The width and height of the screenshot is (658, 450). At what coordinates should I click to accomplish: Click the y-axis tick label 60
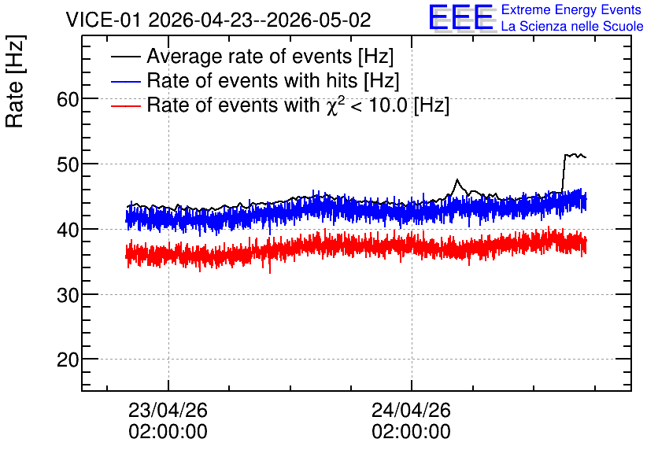68,100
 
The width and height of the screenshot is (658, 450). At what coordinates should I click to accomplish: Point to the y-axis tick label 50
68,165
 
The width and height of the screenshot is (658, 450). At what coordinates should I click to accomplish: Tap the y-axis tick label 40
68,230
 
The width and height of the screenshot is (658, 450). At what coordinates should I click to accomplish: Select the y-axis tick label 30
68,295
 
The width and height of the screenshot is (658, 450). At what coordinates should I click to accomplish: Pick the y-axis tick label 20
68,360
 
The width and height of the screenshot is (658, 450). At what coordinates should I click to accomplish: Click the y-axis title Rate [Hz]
15,81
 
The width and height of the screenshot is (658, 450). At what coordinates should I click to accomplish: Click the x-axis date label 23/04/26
168,410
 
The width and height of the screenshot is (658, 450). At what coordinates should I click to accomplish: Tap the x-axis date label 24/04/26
411,410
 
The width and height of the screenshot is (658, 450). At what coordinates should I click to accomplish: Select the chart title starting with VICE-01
218,20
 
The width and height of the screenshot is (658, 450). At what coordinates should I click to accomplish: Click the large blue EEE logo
461,17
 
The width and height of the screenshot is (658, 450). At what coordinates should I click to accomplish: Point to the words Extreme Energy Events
571,9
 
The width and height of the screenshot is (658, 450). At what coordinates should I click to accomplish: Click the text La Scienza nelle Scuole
572,26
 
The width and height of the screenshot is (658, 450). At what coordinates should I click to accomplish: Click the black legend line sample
126,57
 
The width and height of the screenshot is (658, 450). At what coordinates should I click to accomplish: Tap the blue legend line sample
126,81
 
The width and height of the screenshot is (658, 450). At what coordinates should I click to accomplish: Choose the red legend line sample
126,105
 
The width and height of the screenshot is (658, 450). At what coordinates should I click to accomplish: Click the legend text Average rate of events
250,57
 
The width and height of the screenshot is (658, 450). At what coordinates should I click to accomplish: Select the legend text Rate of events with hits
252,80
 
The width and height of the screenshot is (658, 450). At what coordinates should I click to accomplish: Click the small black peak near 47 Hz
457,180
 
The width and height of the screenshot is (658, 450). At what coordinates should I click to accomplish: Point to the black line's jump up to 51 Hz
564,172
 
